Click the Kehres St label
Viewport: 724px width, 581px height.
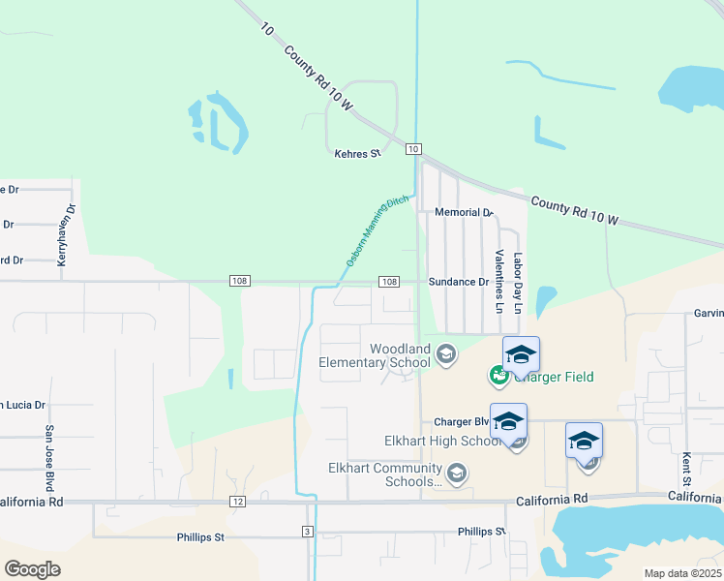click(x=357, y=154)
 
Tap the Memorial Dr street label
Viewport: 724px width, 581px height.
click(x=464, y=212)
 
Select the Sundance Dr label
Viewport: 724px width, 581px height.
click(x=459, y=282)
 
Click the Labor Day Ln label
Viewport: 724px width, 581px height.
click(x=518, y=283)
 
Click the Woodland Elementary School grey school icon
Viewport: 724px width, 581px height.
click(x=446, y=355)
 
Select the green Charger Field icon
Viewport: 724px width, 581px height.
click(x=499, y=374)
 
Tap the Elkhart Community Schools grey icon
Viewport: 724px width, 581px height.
click(x=457, y=474)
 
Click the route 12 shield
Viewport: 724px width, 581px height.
click(x=237, y=502)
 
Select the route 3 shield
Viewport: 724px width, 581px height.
click(x=308, y=532)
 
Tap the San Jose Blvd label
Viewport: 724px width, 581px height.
click(x=47, y=455)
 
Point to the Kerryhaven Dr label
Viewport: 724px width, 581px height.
click(x=70, y=229)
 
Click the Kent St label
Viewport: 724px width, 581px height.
click(x=684, y=468)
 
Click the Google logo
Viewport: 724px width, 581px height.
click(x=32, y=568)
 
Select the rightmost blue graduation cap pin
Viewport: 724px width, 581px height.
click(x=584, y=441)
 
